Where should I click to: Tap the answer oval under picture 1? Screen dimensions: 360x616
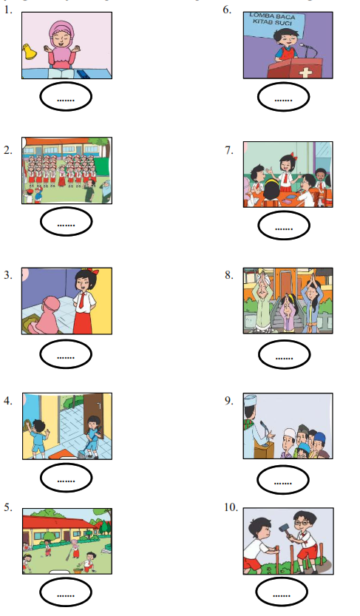(66, 97)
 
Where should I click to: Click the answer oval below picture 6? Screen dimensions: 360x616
(283, 97)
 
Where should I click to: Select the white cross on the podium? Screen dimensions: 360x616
(305, 72)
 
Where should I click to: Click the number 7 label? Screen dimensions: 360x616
(229, 150)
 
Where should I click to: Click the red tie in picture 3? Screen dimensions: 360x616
(81, 299)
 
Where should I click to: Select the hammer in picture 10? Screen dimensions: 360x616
(285, 529)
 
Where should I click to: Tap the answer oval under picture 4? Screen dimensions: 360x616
(67, 478)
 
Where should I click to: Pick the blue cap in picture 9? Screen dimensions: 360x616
(319, 436)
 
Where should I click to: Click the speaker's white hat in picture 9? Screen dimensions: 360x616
(250, 401)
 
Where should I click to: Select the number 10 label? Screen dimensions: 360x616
(231, 507)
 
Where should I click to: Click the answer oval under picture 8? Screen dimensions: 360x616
(285, 355)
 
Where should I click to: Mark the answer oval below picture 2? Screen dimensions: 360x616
(67, 222)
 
